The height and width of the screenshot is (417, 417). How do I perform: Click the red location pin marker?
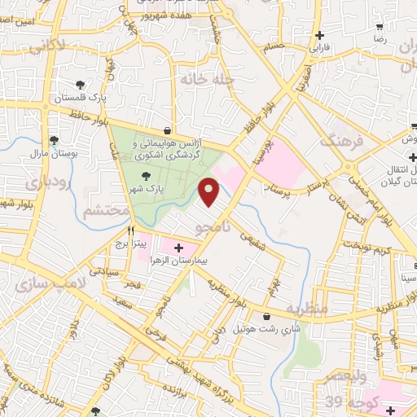(x=210, y=191)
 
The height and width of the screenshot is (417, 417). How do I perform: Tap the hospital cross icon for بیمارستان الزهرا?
(x=178, y=247)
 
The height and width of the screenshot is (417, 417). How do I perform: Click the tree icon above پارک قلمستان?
(x=80, y=85)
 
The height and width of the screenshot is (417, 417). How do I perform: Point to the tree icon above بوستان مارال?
(x=54, y=140)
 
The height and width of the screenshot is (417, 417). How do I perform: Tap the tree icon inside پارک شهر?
(x=146, y=175)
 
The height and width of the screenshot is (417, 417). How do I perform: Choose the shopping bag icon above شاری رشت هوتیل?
(x=266, y=316)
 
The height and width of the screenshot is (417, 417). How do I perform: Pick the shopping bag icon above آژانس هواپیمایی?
(x=167, y=129)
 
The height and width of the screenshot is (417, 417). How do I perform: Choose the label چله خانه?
(x=208, y=80)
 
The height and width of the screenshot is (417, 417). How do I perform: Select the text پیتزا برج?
(x=151, y=243)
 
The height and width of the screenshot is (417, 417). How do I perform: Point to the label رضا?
(x=379, y=38)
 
